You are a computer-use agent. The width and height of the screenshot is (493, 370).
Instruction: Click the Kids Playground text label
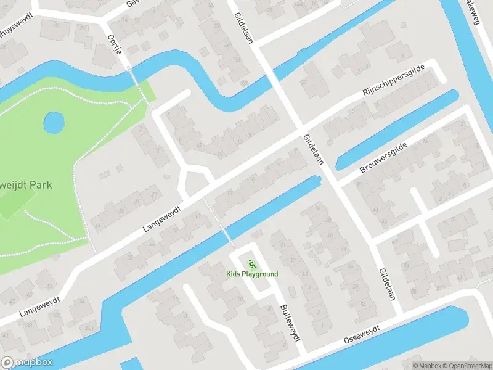pos(252,274)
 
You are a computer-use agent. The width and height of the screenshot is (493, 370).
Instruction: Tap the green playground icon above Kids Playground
pos(251,264)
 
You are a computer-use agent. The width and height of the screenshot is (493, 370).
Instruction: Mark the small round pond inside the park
pos(54,122)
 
